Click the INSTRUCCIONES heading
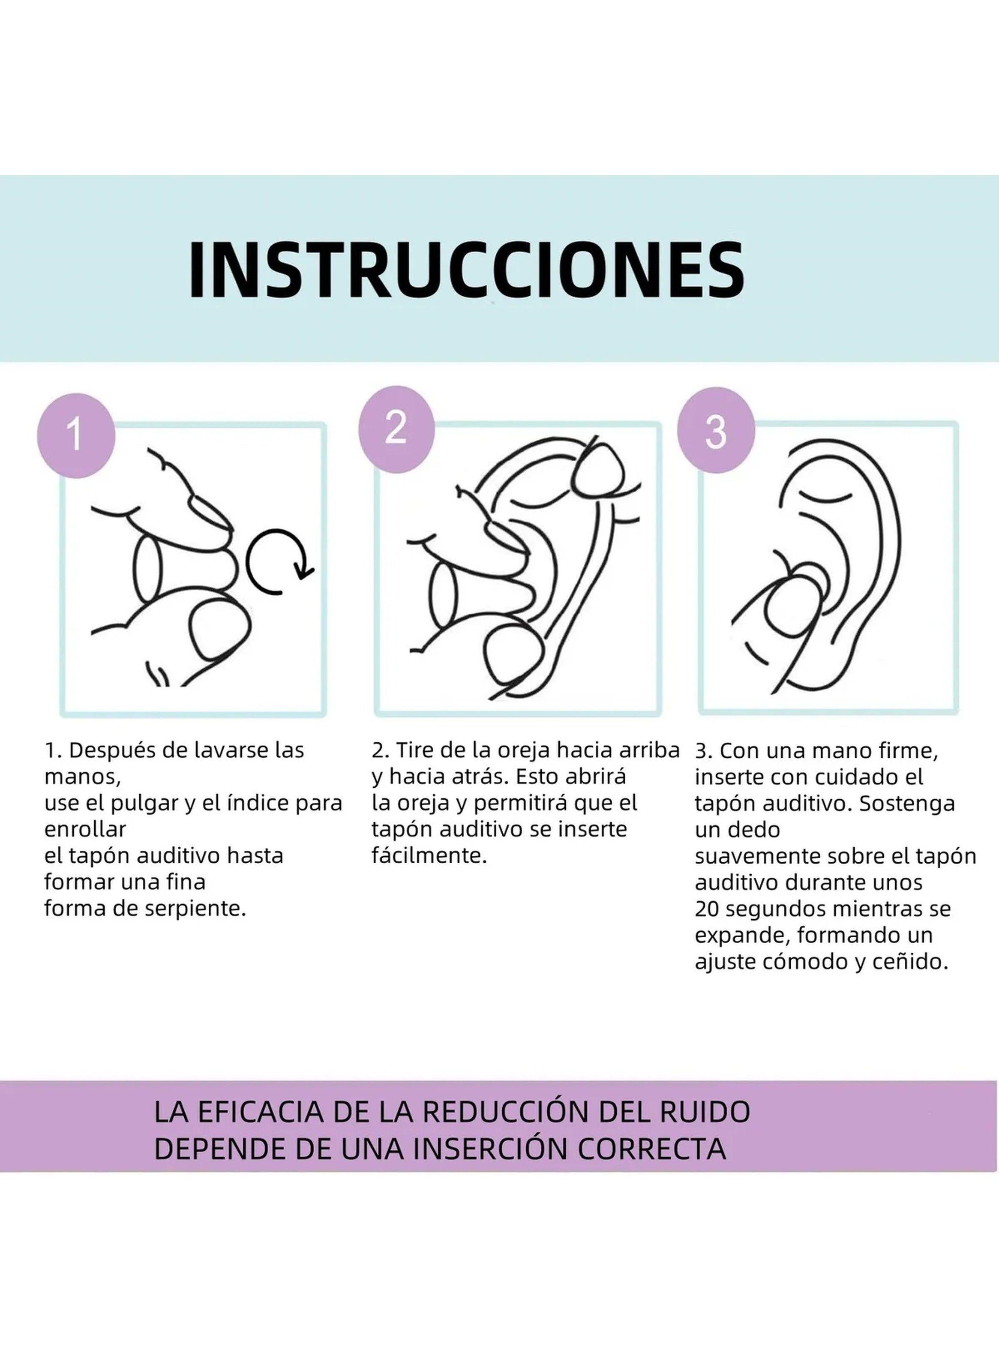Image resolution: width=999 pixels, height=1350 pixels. tap(466, 270)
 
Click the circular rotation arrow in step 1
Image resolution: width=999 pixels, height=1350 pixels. tap(278, 561)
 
